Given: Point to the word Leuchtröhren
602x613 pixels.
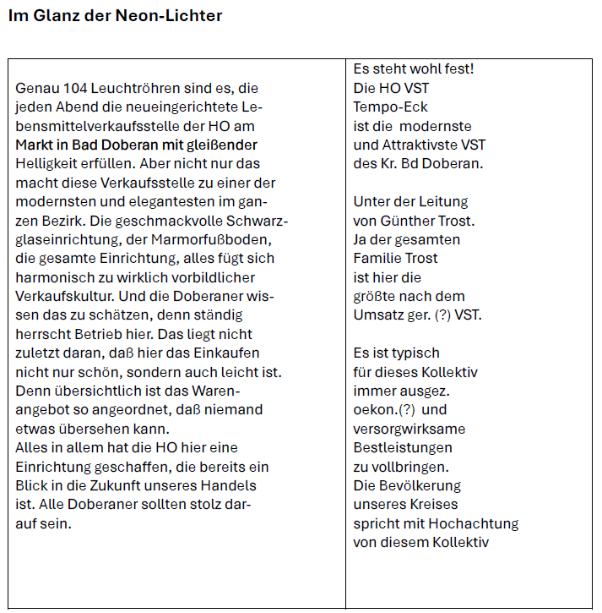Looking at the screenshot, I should click(x=128, y=88).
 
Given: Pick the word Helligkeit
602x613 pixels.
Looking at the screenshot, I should click(x=46, y=163).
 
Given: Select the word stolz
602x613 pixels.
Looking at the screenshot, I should click(x=188, y=504).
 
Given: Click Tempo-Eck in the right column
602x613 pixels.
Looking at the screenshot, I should click(x=390, y=107).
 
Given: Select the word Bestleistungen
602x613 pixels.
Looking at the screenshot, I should click(x=402, y=447).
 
